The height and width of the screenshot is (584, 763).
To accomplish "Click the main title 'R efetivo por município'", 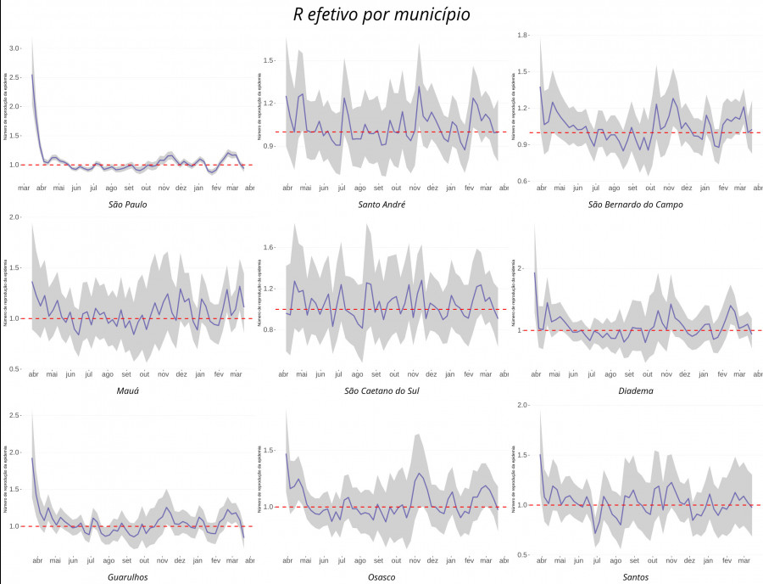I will coord(381,14).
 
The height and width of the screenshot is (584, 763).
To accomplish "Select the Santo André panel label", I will coord(381,205).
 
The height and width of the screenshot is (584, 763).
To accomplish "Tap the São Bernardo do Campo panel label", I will coord(635,205).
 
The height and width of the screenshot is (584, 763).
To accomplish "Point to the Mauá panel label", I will coord(128,390).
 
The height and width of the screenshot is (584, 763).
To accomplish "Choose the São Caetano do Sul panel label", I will coord(381,390).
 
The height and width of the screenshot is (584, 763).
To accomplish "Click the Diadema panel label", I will coord(635,390).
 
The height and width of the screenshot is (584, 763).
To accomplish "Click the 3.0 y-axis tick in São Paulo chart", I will coord(14,48).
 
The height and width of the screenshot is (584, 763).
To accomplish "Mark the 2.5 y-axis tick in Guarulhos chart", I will coord(14,415).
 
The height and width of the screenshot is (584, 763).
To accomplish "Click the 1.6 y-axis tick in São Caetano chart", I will coord(269,248).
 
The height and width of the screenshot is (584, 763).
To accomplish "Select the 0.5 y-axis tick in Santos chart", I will coord(521,554).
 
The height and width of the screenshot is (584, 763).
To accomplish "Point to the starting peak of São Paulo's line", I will coord(32,75).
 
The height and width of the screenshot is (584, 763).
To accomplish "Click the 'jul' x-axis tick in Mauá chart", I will coord(89,373).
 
